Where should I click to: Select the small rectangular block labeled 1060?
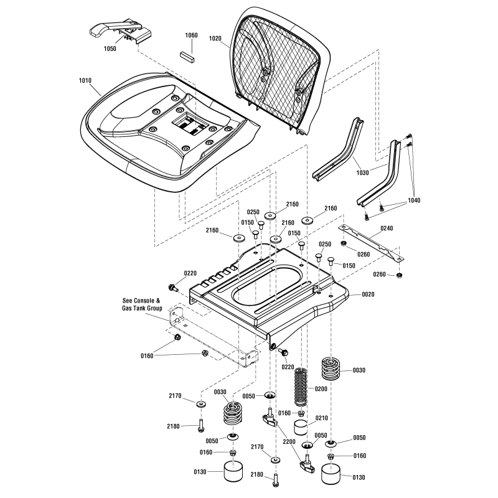(188, 54)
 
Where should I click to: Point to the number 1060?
(190, 35)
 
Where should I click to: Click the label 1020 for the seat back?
(215, 38)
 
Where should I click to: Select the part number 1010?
(86, 80)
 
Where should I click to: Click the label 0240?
(387, 228)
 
